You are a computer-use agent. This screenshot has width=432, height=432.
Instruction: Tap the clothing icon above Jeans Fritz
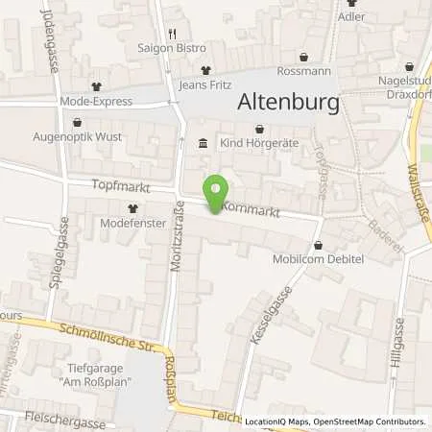pos(205,69)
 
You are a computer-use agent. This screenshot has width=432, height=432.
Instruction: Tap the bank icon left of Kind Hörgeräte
pos(203,144)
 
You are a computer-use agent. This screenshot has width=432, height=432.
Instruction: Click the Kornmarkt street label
pos(251,208)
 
